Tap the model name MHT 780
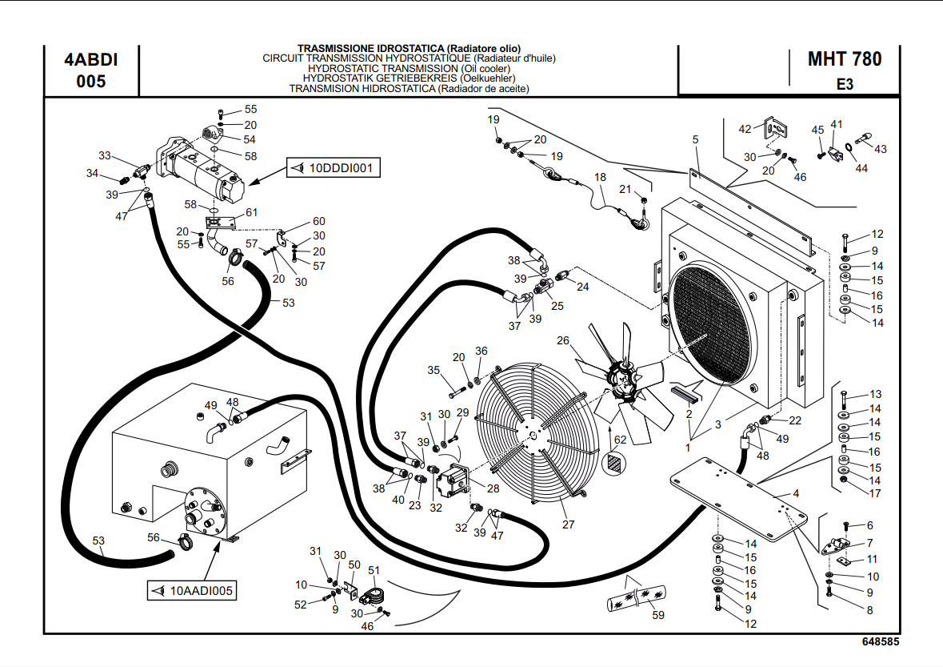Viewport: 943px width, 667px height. pos(845,59)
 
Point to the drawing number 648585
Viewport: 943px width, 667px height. pos(881,642)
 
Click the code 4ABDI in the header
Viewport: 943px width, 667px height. pos(90,60)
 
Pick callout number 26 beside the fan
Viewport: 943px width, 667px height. pos(564,341)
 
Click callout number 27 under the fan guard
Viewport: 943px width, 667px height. pos(569,525)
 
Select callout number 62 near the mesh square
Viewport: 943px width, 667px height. pos(620,439)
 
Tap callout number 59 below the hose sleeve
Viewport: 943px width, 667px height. pos(658,615)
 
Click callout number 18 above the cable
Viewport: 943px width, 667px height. pos(600,177)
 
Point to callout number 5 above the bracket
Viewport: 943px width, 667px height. pos(696,139)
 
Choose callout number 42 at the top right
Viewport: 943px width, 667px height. pos(745,129)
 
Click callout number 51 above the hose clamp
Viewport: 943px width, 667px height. pos(374,569)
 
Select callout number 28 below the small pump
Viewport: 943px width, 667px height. pos(493,488)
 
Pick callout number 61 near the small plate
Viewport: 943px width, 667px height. pos(252,212)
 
